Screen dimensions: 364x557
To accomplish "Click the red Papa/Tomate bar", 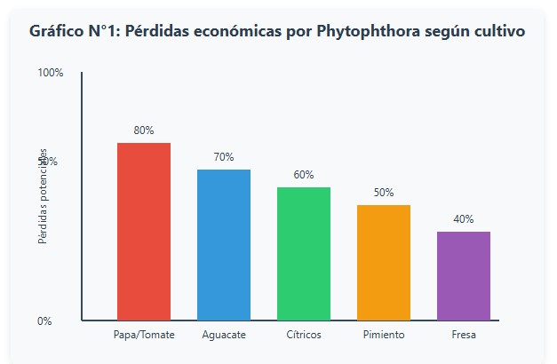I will click(144, 231).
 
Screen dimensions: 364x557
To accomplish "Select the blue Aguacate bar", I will click(224, 244).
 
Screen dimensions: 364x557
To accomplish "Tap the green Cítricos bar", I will click(304, 253).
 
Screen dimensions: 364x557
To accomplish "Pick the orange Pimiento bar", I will click(384, 262).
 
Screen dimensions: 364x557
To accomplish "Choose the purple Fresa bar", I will click(464, 275).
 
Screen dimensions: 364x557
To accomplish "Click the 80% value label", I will click(144, 131).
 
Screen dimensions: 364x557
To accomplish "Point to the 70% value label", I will click(224, 157).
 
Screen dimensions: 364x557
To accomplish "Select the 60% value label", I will click(304, 175).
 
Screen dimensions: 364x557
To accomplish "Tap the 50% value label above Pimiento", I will click(384, 193).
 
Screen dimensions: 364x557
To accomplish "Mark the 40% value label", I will click(464, 219).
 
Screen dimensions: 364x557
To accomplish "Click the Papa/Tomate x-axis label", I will click(144, 335).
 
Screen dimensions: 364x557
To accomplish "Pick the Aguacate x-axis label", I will click(224, 335).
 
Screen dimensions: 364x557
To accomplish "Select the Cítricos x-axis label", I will click(304, 335).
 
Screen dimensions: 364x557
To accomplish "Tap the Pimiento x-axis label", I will click(384, 335).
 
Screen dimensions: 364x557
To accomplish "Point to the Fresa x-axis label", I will click(464, 335).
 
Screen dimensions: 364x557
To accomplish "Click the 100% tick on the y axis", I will click(51, 73).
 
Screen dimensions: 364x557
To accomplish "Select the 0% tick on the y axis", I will click(45, 321).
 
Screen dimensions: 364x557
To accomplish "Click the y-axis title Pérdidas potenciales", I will click(43, 197).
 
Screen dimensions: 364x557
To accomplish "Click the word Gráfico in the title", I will click(56, 31).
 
